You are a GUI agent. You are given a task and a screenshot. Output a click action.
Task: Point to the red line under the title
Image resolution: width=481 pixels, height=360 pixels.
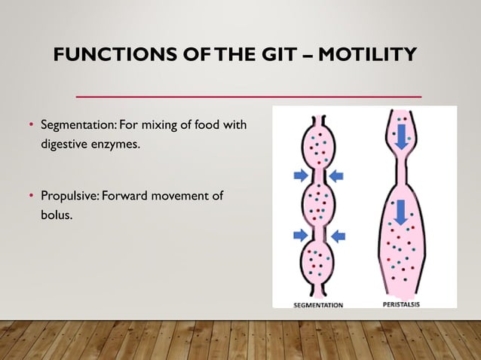pos(249,96)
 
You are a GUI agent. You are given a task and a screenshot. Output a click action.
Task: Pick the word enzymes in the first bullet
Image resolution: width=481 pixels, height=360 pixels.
pos(115,142)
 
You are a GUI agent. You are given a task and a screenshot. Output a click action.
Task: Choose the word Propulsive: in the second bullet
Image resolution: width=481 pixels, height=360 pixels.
pos(69,197)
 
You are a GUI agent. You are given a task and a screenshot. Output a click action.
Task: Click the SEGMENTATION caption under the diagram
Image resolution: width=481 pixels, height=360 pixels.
pos(318,305)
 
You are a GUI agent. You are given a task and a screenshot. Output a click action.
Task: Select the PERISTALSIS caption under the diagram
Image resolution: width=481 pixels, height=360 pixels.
pos(400,304)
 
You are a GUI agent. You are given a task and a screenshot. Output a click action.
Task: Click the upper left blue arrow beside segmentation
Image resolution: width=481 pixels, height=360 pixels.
pos(300,175)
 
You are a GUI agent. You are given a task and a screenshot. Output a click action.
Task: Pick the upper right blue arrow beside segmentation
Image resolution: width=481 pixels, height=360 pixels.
pos(336,175)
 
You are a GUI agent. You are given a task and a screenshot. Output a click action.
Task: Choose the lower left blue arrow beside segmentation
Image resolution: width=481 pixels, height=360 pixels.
pos(300,235)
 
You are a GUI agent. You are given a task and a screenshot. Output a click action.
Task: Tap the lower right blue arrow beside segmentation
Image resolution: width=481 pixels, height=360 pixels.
pos(337,235)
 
